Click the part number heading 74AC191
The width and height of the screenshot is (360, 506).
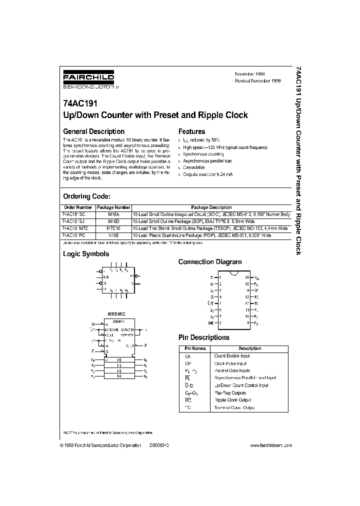[x=80, y=104]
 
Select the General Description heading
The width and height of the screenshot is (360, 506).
[x=93, y=132]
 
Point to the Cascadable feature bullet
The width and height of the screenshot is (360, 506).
[x=194, y=167]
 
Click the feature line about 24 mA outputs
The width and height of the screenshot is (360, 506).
[x=207, y=174]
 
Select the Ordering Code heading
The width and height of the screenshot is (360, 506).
[x=86, y=196]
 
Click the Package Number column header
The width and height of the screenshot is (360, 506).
[x=113, y=207]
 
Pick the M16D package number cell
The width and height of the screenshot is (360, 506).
[x=113, y=221]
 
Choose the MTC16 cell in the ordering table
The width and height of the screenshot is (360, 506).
[x=113, y=227]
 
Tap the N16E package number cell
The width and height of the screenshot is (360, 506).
[x=113, y=234]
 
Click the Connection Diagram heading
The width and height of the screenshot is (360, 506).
[x=209, y=262]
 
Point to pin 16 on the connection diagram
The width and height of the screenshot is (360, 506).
[x=247, y=277]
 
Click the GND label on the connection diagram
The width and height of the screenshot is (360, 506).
[x=211, y=324]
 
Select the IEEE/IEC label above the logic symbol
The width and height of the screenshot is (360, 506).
[x=116, y=313]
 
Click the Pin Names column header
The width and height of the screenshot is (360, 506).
[x=195, y=348]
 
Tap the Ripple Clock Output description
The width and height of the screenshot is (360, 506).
[x=232, y=400]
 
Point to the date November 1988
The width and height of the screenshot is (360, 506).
[x=253, y=73]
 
